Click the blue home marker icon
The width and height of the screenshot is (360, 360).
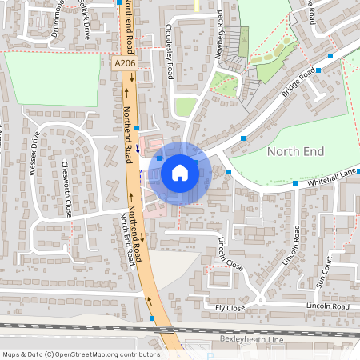pos(179,172)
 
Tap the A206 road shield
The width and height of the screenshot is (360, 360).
pos(123,62)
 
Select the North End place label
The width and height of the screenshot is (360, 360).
pos(296,151)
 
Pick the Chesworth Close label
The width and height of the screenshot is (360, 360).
pos(66,189)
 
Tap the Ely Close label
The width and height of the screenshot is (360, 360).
pos(230,306)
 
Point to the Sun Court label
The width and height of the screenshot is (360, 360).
pos(322,271)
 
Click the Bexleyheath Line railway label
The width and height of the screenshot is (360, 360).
pos(251,339)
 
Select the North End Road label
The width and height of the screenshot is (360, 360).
pos(126,239)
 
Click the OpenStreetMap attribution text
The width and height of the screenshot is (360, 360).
pos(80,354)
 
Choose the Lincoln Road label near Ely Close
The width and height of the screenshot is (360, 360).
pos(328,306)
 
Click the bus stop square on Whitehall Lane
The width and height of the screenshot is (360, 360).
pos(229,172)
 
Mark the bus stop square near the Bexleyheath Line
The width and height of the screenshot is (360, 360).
pos(152,318)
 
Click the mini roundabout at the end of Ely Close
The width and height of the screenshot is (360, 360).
pos(260,302)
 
